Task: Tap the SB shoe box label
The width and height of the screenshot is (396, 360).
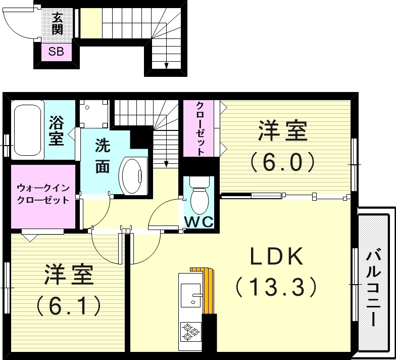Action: (56, 52)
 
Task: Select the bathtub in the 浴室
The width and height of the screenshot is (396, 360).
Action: (28, 130)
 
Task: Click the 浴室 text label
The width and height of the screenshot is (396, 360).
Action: (56, 130)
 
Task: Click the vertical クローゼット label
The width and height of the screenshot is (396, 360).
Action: (200, 129)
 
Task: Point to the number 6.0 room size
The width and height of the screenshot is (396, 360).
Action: (283, 161)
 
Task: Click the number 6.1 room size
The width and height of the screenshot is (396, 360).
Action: (68, 304)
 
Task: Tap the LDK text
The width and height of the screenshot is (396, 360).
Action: (277, 257)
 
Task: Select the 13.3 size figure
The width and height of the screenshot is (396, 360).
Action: (276, 288)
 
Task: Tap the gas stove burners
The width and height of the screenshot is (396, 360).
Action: (190, 331)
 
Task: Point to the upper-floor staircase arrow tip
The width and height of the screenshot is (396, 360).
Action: (166, 165)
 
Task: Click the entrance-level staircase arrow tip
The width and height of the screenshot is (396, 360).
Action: (166, 66)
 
